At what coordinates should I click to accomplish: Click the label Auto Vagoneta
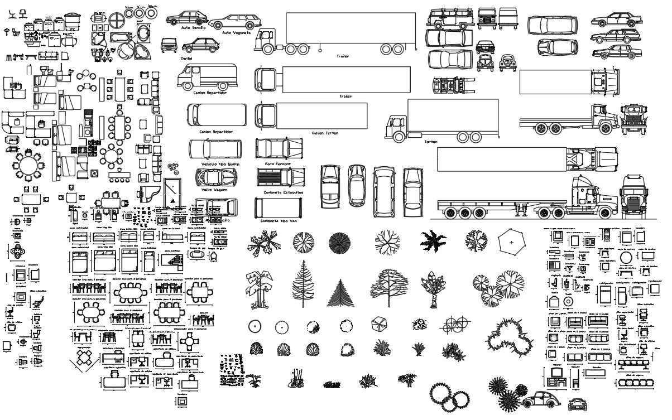pos(235,33)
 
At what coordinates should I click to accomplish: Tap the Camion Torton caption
pos(325,133)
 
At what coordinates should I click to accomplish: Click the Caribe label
pos(171,57)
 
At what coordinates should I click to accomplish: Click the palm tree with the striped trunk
pos(433,287)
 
